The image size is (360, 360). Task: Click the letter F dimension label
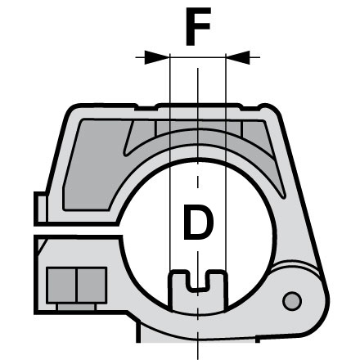[198, 26]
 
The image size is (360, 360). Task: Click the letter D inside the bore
[198, 223]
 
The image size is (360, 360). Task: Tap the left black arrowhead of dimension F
[156, 57]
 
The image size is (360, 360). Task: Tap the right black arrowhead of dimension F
[238, 57]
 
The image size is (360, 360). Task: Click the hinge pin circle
[292, 301]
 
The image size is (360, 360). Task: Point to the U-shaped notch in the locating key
[199, 281]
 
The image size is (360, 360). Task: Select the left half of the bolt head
[61, 286]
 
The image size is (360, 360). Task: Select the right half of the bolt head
[92, 286]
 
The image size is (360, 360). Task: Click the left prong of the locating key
[178, 289]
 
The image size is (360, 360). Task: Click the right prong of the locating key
[218, 288]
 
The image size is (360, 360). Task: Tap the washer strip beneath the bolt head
[76, 307]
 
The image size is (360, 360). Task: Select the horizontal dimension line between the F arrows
[198, 57]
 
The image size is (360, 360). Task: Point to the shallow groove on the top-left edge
[146, 108]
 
